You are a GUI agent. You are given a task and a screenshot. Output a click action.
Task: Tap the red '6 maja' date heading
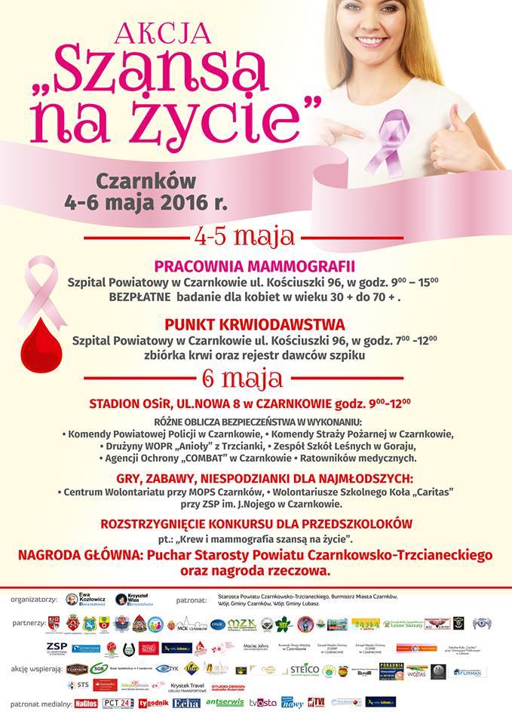pyautogui.click(x=243, y=376)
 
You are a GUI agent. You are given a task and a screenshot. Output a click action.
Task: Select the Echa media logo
pyautogui.click(x=185, y=703)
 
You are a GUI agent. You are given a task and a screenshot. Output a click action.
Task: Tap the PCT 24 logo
pyautogui.click(x=117, y=703)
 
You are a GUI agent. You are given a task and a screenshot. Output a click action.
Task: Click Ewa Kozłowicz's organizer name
pyautogui.click(x=94, y=600)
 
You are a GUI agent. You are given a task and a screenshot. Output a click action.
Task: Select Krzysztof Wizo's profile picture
pyautogui.click(x=121, y=599)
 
